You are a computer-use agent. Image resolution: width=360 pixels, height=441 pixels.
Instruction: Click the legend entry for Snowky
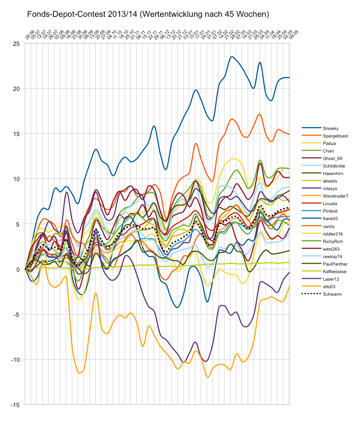click(330, 128)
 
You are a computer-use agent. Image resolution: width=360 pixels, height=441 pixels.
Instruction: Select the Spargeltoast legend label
click(335, 136)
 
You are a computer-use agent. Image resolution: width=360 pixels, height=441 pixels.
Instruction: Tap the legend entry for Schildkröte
click(334, 166)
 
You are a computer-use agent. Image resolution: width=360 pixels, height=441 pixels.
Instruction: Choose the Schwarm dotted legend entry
click(332, 294)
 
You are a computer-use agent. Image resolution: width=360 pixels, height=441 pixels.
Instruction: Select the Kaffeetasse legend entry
click(334, 272)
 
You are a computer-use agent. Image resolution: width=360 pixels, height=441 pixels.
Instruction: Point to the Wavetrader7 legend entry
click(335, 196)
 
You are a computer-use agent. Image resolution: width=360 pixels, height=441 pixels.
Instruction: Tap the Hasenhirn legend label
click(333, 174)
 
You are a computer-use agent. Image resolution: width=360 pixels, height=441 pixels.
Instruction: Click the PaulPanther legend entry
click(334, 264)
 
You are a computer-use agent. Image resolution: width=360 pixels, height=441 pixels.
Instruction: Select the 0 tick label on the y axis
click(19, 270)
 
